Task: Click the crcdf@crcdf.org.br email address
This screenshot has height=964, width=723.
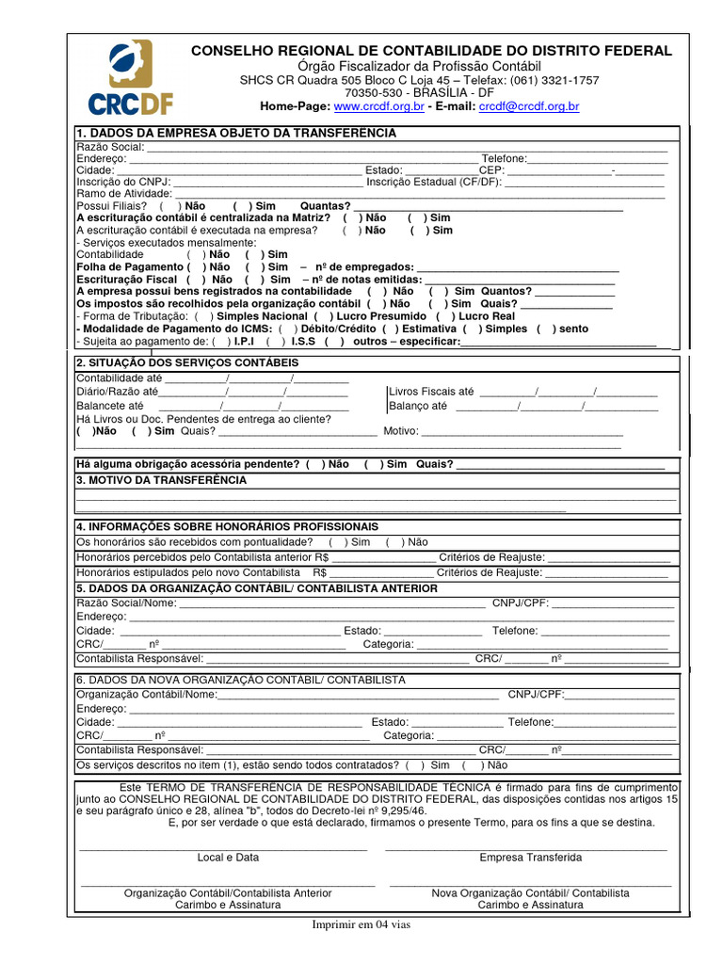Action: pyautogui.click(x=529, y=107)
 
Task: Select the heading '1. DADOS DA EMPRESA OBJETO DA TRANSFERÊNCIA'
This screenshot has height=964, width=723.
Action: pyautogui.click(x=236, y=134)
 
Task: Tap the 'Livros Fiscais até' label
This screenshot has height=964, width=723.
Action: pyautogui.click(x=431, y=391)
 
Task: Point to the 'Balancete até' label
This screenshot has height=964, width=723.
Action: pyautogui.click(x=110, y=406)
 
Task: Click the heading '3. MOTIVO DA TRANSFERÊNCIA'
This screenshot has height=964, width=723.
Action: pyautogui.click(x=161, y=480)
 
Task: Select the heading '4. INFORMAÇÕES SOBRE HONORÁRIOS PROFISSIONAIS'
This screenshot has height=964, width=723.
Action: pyautogui.click(x=228, y=526)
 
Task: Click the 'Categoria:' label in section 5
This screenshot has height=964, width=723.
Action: pyautogui.click(x=389, y=645)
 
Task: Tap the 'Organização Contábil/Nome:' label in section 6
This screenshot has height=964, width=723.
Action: pyautogui.click(x=146, y=695)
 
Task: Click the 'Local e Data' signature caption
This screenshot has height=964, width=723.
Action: pyautogui.click(x=228, y=858)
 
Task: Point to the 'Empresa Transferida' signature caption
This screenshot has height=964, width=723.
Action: pyautogui.click(x=530, y=858)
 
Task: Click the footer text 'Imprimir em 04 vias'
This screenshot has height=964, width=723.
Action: pyautogui.click(x=361, y=924)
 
